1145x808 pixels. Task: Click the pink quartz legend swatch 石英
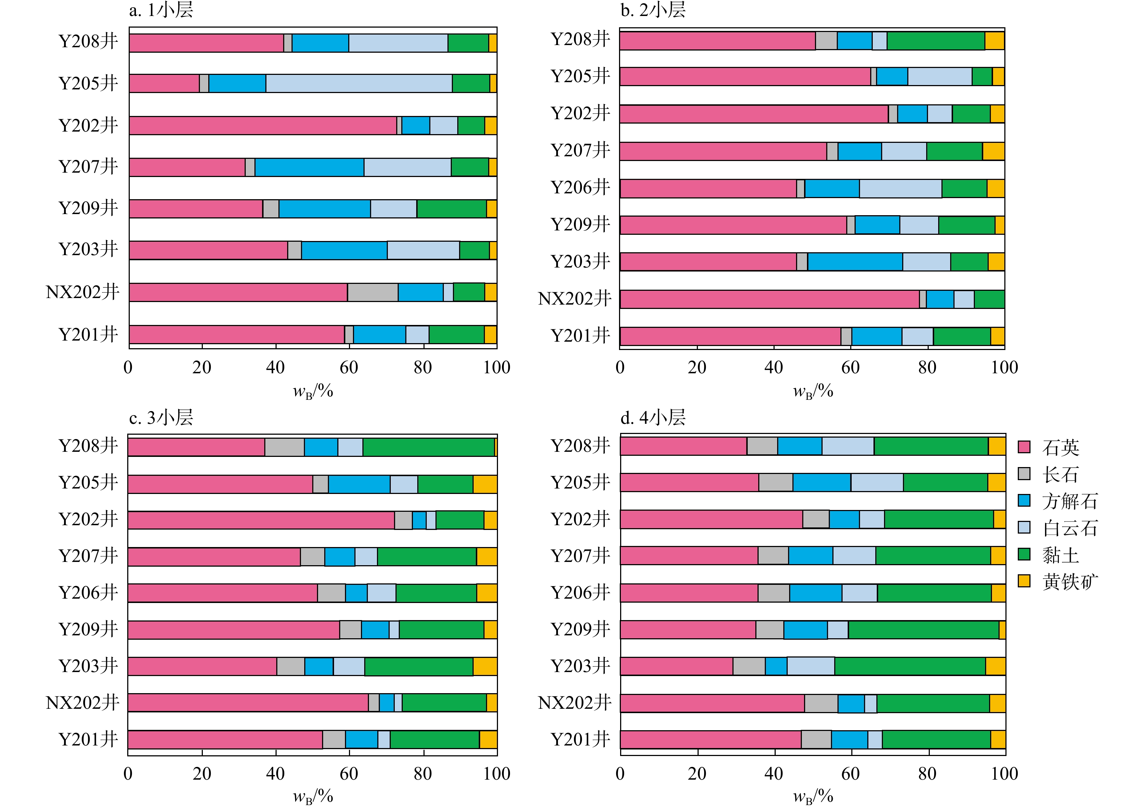tap(1024, 447)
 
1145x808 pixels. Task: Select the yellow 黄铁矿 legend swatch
tap(1024, 581)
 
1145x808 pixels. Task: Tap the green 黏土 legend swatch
tap(1024, 554)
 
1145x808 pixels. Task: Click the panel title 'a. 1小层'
tap(161, 10)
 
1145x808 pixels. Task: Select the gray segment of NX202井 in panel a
tap(373, 292)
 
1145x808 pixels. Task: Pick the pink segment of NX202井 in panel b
tap(770, 299)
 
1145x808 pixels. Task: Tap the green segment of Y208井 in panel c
tap(429, 447)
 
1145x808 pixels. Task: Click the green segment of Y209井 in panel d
tap(924, 630)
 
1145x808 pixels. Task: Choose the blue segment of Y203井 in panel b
tap(855, 262)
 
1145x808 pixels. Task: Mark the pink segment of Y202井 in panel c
tap(261, 520)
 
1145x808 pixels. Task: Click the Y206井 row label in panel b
tap(580, 188)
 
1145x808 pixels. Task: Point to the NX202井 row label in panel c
tap(82, 703)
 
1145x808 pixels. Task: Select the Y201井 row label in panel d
tap(580, 739)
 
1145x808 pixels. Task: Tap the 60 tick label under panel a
tap(349, 367)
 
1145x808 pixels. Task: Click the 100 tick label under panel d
tap(1004, 773)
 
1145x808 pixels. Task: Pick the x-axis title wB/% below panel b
tap(813, 391)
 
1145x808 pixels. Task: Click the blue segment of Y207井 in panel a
tap(309, 167)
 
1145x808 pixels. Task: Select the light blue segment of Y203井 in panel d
tap(811, 666)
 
